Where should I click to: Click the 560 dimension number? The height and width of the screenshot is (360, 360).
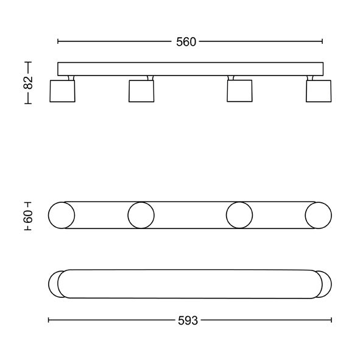point(186,42)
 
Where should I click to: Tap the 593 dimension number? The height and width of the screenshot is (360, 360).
point(188,321)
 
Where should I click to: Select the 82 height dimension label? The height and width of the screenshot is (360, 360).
point(28,83)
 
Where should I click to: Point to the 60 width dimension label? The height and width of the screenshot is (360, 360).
point(28,216)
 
